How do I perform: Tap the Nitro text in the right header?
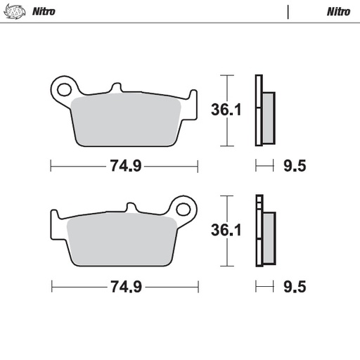click(338, 11)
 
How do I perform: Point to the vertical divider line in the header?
click(288, 11)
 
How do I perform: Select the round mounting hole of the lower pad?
click(185, 209)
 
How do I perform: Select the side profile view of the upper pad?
click(263, 110)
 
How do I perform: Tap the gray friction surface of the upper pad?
click(130, 120)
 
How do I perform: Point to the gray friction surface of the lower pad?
click(120, 239)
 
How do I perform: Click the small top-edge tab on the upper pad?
click(115, 88)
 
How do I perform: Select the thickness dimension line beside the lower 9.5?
click(263, 287)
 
